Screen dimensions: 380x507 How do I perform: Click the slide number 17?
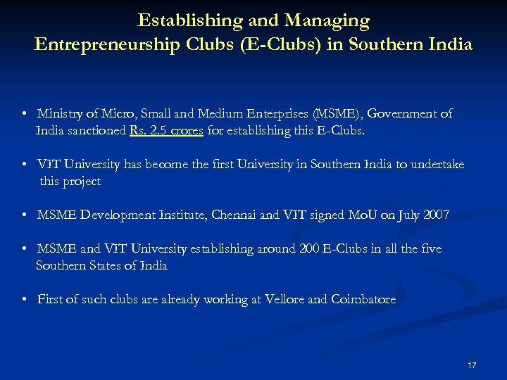472,365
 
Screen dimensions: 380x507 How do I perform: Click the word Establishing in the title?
180,21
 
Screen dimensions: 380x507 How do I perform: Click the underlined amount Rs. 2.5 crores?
167,130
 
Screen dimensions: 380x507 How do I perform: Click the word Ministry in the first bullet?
60,113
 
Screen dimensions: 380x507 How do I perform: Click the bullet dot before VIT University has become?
24,164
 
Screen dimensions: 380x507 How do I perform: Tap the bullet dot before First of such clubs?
24,299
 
